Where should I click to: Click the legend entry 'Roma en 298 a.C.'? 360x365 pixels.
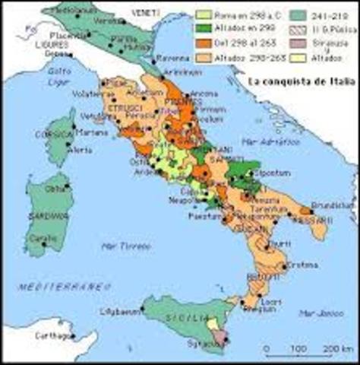tap(238, 14)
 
